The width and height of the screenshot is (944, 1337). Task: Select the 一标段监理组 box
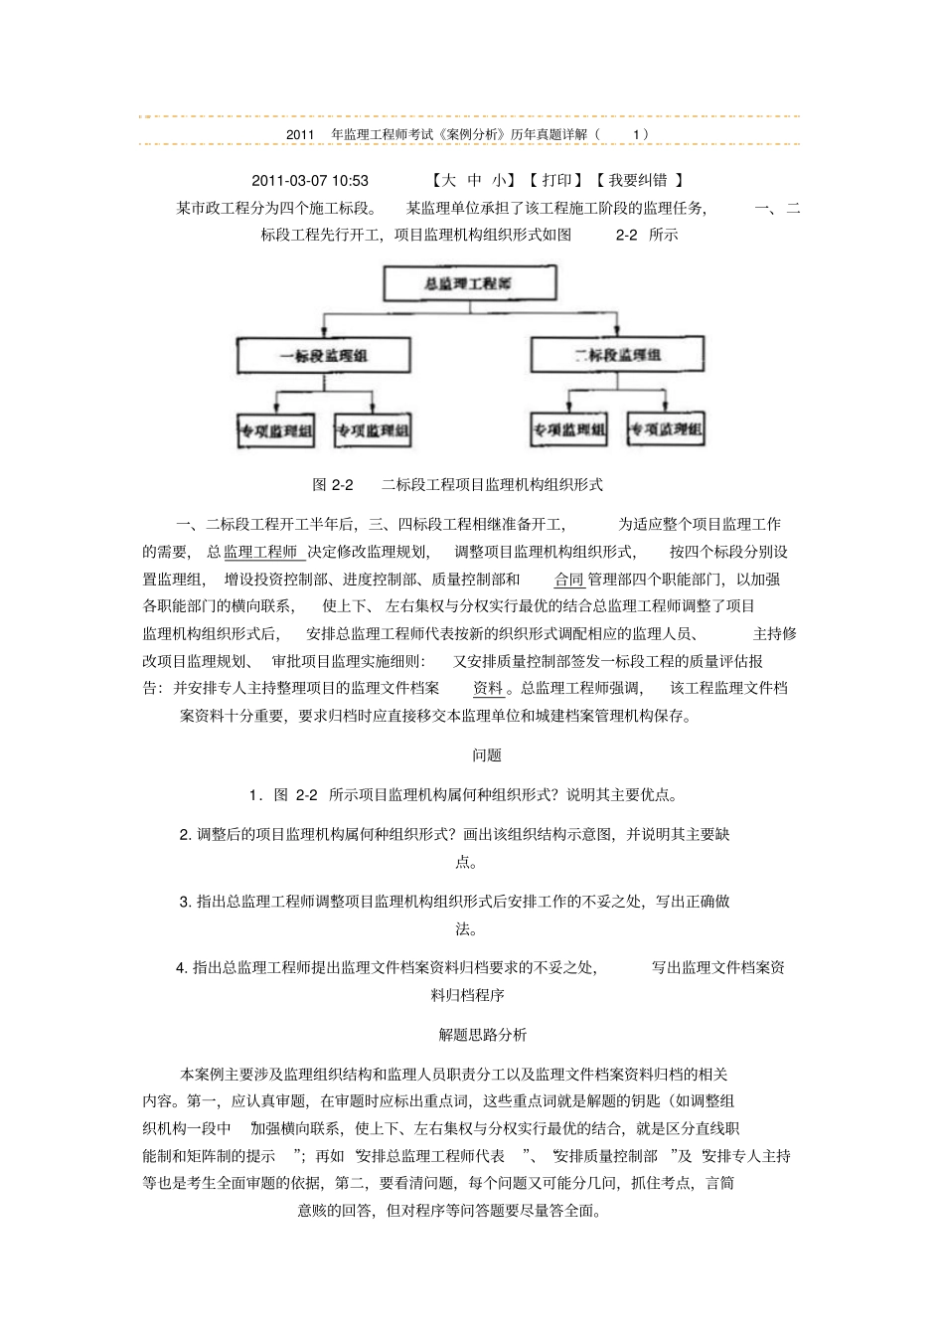click(x=309, y=355)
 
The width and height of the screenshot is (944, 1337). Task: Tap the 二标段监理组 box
click(x=617, y=355)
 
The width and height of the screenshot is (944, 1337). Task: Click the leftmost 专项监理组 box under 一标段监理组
click(x=275, y=430)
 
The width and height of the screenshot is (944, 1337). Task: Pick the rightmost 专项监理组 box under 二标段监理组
click(x=665, y=429)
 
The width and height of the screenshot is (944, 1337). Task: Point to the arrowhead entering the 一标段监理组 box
click(x=330, y=331)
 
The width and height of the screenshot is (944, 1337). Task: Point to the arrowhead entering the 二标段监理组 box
click(x=617, y=331)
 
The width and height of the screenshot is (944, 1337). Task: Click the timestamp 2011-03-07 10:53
click(x=310, y=180)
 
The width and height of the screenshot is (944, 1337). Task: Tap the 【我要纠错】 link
click(x=638, y=180)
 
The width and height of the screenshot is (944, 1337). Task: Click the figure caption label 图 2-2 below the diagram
click(x=333, y=484)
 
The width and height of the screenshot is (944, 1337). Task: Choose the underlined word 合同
click(x=568, y=579)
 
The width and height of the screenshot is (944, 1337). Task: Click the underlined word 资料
click(x=488, y=687)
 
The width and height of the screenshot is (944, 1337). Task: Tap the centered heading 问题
click(x=486, y=754)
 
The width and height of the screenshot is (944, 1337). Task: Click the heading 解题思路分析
click(x=483, y=1034)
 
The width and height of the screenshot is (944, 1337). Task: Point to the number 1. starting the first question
click(x=255, y=794)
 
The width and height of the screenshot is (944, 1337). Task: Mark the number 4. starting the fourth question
click(x=182, y=967)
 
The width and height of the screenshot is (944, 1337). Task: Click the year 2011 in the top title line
click(x=299, y=133)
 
